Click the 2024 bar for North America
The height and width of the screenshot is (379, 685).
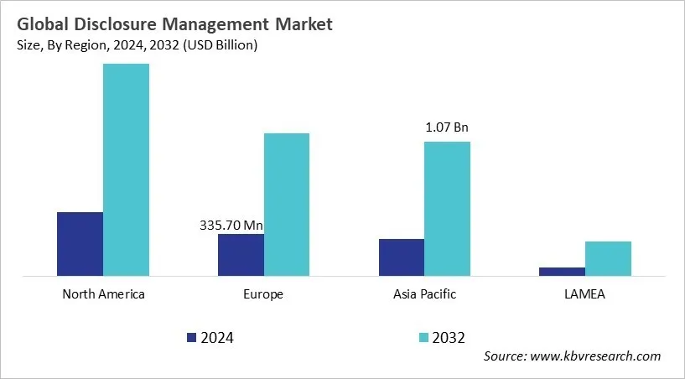(80, 243)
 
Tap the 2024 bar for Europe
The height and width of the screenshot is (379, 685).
(241, 254)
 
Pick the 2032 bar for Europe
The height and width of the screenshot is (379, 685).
(287, 204)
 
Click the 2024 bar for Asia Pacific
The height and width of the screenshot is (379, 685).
(401, 257)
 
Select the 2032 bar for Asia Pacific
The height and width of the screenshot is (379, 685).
(447, 208)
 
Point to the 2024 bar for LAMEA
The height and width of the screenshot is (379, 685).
(562, 271)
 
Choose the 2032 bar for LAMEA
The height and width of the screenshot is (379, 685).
(608, 258)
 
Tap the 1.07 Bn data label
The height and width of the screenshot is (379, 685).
(447, 128)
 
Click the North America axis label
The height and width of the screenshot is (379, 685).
(103, 294)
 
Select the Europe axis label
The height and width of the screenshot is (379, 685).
(264, 294)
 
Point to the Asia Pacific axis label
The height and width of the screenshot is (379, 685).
(424, 294)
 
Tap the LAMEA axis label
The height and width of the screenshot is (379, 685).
(584, 294)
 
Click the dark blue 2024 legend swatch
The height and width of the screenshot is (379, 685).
(191, 337)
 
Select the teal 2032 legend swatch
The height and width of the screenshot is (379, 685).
(423, 337)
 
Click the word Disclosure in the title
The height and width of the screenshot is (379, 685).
(113, 24)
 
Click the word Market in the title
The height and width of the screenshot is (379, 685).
(303, 24)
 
